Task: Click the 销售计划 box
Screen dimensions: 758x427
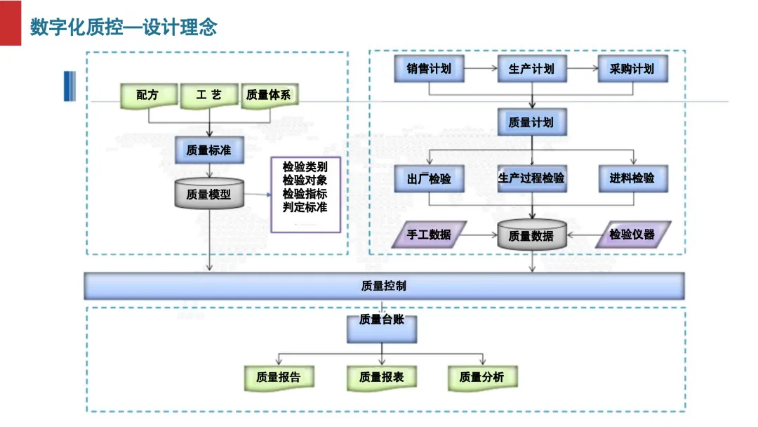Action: coord(429,69)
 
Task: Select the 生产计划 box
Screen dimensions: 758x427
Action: coord(532,69)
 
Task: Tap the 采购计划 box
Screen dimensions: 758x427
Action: coord(633,69)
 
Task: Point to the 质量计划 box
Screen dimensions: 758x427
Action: coord(532,122)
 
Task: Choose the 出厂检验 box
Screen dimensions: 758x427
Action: coord(429,179)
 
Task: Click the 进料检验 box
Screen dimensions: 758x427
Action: coord(633,179)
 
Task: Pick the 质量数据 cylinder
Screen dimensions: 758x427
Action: coord(532,235)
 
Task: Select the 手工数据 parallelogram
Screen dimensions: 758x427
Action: coord(429,235)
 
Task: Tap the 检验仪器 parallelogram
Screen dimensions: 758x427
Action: coord(633,235)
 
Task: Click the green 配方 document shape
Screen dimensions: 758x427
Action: coord(148,96)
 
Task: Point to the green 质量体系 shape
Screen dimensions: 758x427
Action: coord(270,96)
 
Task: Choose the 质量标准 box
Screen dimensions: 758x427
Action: coord(209,150)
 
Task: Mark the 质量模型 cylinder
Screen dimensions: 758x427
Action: coord(209,193)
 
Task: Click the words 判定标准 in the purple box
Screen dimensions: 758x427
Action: coord(305,207)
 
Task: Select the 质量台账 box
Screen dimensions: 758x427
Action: coord(382,329)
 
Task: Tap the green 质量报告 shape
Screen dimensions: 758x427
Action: coord(279,378)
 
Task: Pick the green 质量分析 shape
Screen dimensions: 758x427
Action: coord(482,378)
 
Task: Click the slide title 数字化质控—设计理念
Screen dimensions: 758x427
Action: coord(124,27)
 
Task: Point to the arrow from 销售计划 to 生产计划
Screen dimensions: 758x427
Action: coord(481,69)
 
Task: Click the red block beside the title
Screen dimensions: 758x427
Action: coord(10,22)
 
